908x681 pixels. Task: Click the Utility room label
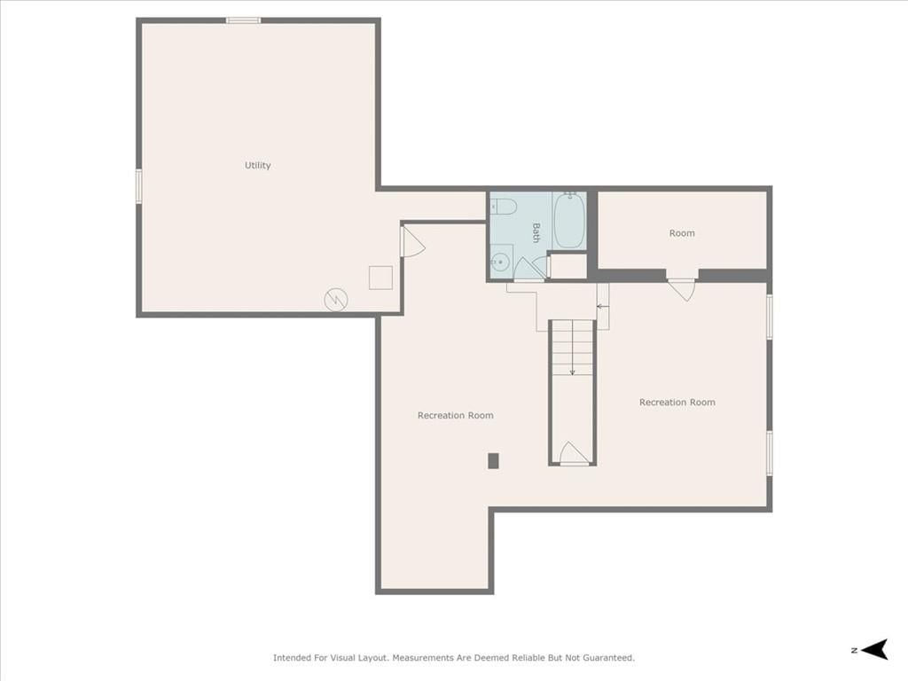click(x=258, y=166)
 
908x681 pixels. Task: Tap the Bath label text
click(x=536, y=233)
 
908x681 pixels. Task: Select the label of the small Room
click(x=682, y=233)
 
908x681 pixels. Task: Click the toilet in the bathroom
click(x=504, y=206)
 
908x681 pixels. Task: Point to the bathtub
click(x=570, y=220)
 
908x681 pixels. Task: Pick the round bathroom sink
click(x=500, y=262)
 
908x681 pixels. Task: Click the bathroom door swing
click(x=529, y=270)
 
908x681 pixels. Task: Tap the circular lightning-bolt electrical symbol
click(x=336, y=300)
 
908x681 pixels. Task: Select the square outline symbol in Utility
click(x=380, y=278)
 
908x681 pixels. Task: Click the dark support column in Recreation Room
click(x=493, y=461)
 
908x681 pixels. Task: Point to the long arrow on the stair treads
click(x=572, y=348)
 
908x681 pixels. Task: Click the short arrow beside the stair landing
click(x=603, y=306)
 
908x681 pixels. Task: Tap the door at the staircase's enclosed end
click(x=574, y=453)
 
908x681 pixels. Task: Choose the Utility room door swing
click(x=413, y=241)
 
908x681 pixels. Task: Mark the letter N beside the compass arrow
click(x=854, y=650)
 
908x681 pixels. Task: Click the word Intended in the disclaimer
click(x=292, y=658)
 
